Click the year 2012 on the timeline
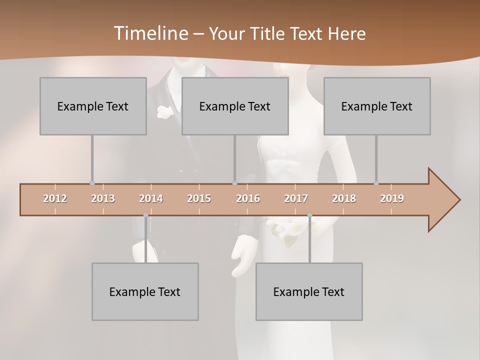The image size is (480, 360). (55, 198)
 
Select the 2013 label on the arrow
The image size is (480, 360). (103, 198)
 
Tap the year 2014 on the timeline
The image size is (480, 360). (151, 198)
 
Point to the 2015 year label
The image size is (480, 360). (199, 198)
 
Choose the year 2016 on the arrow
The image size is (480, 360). (248, 198)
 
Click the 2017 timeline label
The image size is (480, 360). (296, 198)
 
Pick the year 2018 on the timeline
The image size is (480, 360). (344, 198)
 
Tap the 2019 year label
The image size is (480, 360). (392, 198)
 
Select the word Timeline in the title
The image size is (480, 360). (150, 33)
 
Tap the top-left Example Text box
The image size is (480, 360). (93, 106)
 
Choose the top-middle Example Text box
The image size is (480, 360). (235, 106)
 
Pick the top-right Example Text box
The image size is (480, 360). (377, 106)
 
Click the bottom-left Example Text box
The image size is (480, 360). (145, 291)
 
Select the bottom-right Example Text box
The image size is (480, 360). (309, 291)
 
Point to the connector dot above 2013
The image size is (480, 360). (92, 183)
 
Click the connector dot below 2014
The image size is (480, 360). (145, 215)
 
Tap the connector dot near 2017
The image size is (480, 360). (309, 215)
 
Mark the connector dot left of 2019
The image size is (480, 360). (376, 183)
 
